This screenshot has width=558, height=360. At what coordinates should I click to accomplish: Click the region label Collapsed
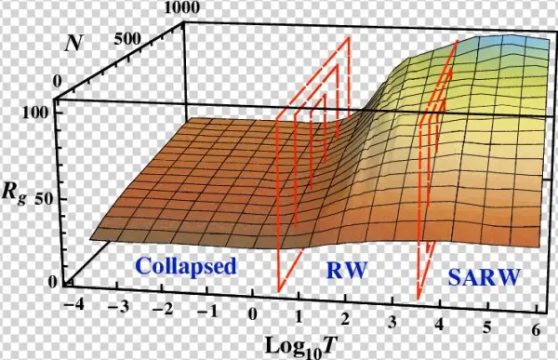click(187, 266)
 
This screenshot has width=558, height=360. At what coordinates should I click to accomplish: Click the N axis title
click(73, 42)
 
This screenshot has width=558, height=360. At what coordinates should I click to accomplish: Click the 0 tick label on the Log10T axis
click(252, 315)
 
